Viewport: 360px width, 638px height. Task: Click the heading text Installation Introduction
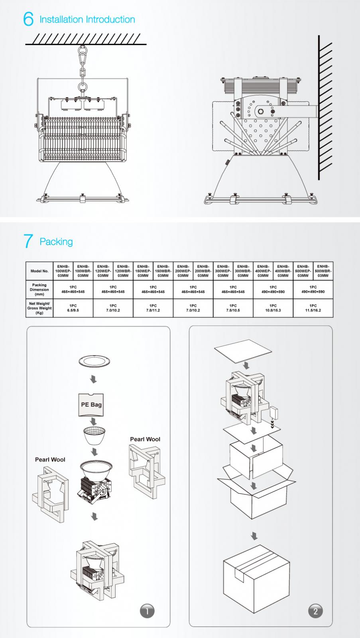point(87,20)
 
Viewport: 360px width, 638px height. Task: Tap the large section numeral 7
point(28,241)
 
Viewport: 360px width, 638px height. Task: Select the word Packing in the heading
point(56,242)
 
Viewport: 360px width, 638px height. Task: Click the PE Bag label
point(91,404)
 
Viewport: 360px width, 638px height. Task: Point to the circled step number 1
point(147,611)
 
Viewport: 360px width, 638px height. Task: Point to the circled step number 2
point(315,611)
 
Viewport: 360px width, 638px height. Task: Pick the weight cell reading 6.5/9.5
point(73,308)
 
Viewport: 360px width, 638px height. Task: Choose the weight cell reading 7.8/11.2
point(153,308)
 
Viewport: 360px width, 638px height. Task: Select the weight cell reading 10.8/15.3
point(273,308)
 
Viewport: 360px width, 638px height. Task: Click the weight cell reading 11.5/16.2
point(313,308)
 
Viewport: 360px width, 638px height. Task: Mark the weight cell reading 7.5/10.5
point(233,308)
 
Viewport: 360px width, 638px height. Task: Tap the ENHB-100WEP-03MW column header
point(63,271)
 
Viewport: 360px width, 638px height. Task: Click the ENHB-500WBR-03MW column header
point(323,271)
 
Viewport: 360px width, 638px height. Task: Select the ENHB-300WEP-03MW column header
point(223,271)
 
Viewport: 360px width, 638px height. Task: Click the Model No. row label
point(39,271)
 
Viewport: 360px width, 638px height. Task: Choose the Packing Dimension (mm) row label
point(39,289)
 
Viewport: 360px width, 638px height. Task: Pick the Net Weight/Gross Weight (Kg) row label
point(39,308)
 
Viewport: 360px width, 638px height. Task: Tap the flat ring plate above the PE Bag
point(94,362)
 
